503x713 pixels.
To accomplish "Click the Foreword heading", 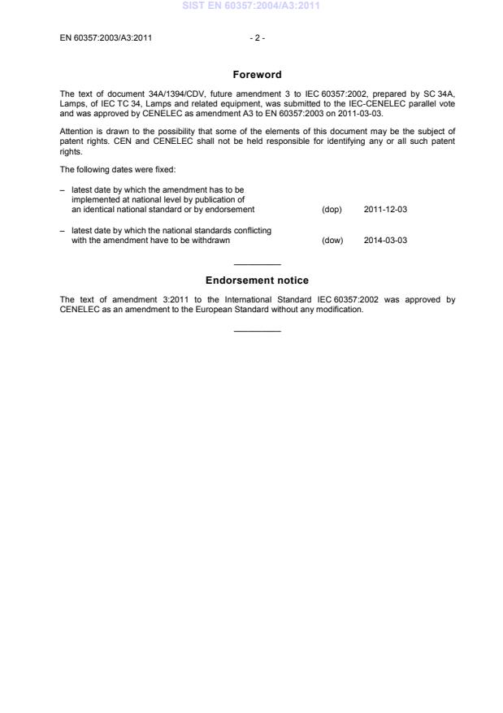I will point(257,75).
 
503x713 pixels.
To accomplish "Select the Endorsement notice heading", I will point(257,280).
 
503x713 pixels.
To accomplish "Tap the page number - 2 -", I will point(257,37).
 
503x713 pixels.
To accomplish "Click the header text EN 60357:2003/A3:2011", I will point(106,37).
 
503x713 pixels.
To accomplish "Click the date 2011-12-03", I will point(385,210).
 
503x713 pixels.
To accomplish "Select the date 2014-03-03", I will point(385,241).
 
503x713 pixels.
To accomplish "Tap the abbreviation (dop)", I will point(332,210).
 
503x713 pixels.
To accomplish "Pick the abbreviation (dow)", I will point(332,241).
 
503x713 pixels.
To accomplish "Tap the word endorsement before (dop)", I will point(232,210).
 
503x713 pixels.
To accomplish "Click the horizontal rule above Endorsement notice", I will point(257,264).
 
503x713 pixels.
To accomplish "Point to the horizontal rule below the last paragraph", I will point(257,330).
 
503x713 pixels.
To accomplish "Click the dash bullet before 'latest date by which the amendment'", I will point(63,189).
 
